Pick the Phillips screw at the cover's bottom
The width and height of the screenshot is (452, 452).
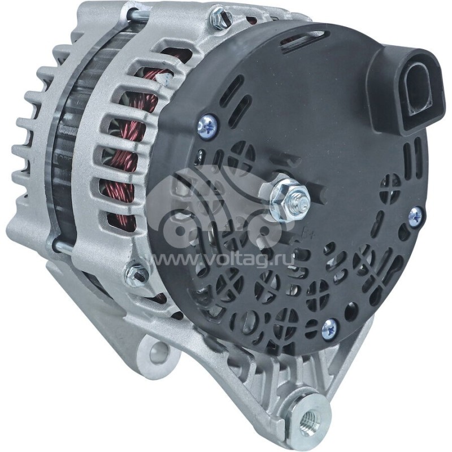[329, 328]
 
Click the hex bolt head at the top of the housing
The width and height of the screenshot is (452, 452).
[220, 19]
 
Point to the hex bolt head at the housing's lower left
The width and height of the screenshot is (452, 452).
[136, 273]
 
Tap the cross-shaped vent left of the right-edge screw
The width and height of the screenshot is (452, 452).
[390, 184]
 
